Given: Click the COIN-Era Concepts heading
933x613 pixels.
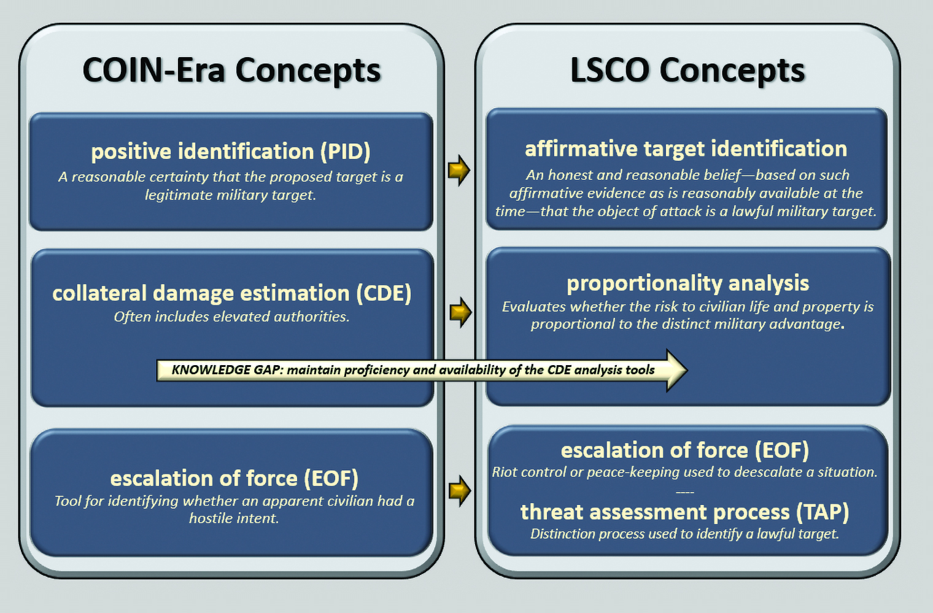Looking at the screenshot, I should tap(231, 70).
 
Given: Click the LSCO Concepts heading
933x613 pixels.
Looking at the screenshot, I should tap(687, 70).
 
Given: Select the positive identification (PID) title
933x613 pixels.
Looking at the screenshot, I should tap(231, 152).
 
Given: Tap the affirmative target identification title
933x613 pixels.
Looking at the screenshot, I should tap(686, 148).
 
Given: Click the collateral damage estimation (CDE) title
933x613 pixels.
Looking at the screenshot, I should tap(231, 293).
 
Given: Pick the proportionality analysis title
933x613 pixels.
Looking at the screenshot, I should tap(687, 283).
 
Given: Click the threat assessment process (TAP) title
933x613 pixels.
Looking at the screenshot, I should tap(684, 512).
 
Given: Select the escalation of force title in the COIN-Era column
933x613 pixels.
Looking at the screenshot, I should tap(234, 478).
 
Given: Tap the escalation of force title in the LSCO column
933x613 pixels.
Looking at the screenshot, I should tap(684, 450).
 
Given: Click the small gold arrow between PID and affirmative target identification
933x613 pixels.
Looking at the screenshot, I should tap(459, 169).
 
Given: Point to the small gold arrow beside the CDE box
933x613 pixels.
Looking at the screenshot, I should tap(460, 312).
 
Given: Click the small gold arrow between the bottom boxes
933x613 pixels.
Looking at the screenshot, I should tap(459, 490).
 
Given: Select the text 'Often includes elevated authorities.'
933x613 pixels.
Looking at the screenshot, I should tap(231, 317).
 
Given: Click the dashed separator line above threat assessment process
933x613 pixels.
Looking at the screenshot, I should tap(684, 492).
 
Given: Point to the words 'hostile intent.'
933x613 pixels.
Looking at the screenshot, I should tap(234, 519).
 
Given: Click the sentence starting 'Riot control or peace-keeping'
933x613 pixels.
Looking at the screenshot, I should tap(684, 472).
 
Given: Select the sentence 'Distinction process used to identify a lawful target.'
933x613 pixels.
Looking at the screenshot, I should tap(684, 534).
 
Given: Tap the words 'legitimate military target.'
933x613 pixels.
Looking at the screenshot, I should tap(230, 195).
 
